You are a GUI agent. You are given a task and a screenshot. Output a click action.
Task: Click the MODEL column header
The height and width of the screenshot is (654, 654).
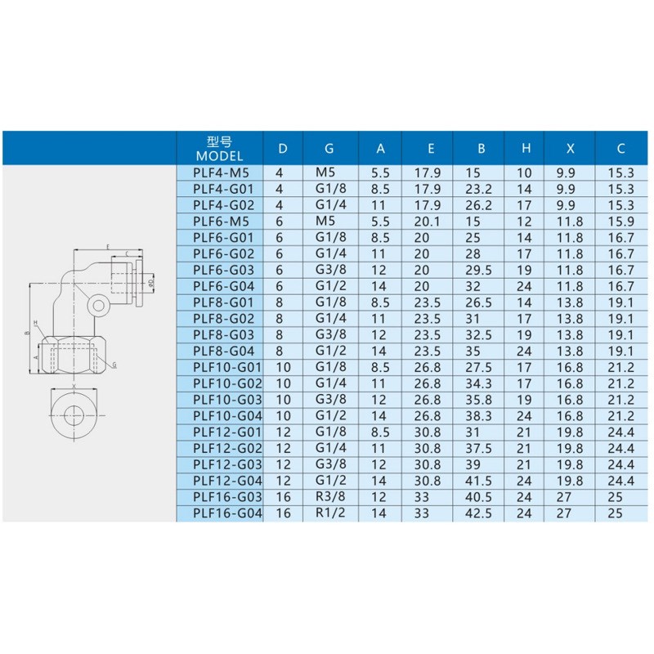click(x=220, y=148)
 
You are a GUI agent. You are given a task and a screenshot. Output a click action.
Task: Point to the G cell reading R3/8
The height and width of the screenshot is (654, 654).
click(x=329, y=497)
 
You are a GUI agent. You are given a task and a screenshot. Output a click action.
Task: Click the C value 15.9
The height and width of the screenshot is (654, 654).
click(x=620, y=222)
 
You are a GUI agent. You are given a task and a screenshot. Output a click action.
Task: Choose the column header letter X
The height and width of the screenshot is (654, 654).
click(x=570, y=148)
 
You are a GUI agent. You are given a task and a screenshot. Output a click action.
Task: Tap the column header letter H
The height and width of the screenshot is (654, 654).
click(x=526, y=148)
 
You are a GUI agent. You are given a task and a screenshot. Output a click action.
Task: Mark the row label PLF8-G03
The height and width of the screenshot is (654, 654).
click(x=221, y=334)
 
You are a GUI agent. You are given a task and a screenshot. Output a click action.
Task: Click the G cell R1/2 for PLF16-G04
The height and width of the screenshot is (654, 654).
click(x=329, y=513)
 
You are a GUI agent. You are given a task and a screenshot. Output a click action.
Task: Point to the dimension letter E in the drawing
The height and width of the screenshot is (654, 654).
click(x=107, y=247)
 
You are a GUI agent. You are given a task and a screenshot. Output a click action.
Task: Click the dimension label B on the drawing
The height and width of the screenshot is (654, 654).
click(x=28, y=334)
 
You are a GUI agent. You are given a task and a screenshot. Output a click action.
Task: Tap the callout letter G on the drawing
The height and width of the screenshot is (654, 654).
click(x=114, y=365)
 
